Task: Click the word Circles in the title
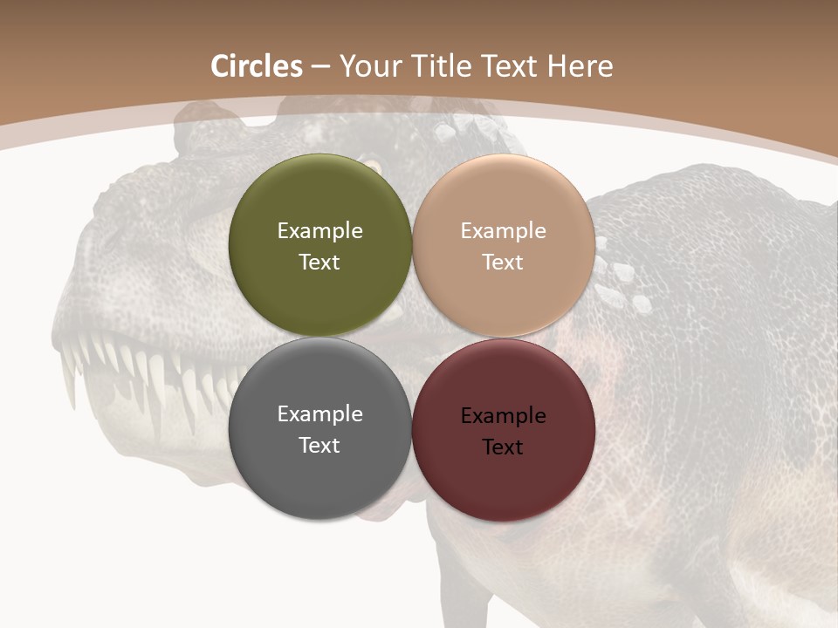point(257,66)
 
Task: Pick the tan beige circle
point(504,201)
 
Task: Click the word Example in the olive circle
point(319,231)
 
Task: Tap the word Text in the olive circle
point(319,263)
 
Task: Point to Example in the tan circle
point(503,231)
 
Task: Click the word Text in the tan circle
point(503,263)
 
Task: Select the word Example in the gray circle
point(319,414)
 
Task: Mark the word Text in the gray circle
point(319,446)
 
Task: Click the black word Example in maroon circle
point(503,416)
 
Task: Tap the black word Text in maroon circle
point(503,447)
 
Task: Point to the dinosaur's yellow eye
point(373,165)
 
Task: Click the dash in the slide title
point(320,67)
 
